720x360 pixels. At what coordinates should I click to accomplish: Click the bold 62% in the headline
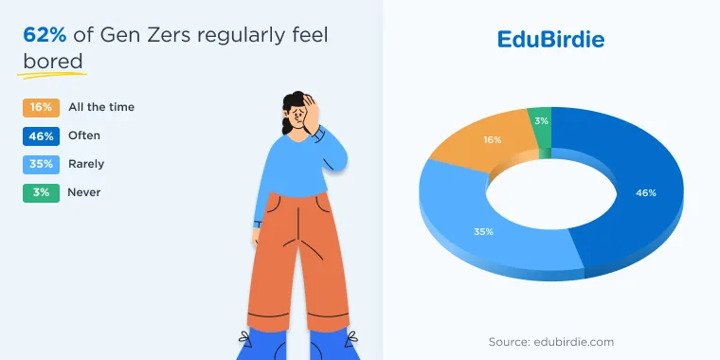pos(45,35)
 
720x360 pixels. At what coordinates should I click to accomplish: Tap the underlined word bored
pos(53,62)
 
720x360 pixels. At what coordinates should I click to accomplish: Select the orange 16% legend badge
pos(41,107)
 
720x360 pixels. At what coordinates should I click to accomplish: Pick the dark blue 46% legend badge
pos(41,135)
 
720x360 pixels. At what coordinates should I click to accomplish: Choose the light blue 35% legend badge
pos(41,165)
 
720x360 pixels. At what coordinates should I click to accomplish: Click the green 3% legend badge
pos(41,193)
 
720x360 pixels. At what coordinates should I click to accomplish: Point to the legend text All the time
pos(101,107)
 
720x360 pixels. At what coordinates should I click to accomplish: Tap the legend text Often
pos(84,135)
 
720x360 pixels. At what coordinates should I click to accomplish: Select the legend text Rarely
pos(86,164)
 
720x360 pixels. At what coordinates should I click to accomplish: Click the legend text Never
pos(84,192)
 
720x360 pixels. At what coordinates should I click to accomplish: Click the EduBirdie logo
pos(550,40)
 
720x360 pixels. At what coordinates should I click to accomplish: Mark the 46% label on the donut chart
pos(645,193)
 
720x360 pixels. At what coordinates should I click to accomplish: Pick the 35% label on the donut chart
pos(483,232)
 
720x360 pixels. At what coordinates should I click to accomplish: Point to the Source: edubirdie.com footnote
pos(551,342)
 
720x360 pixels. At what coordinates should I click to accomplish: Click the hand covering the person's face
pos(312,114)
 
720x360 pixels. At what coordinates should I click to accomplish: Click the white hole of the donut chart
pos(551,193)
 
